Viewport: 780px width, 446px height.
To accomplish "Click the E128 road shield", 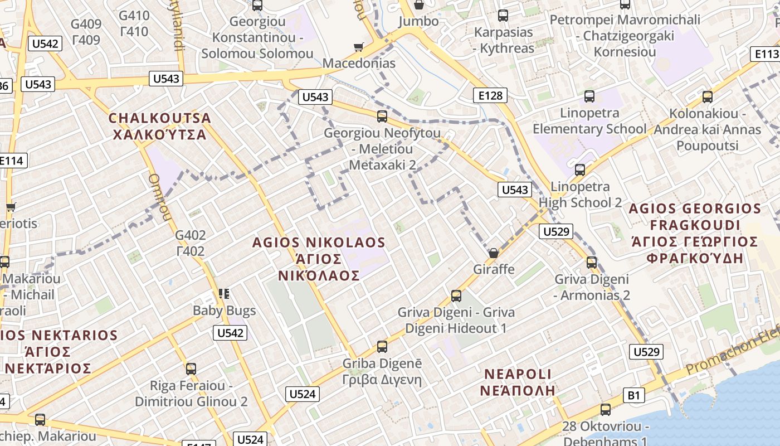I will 490,95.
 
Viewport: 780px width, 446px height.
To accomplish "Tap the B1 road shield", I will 634,395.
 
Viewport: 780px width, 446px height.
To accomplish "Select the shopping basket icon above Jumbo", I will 419,5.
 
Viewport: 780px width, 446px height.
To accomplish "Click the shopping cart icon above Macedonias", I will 359,47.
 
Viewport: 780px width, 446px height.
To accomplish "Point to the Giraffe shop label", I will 494,269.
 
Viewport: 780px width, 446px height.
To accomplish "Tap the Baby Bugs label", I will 224,311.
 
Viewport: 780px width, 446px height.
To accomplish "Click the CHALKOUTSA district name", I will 160,118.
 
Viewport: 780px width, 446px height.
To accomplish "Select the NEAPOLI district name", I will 518,374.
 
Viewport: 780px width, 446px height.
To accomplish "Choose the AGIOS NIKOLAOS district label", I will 319,243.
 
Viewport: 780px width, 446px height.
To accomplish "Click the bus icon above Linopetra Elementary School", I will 589,96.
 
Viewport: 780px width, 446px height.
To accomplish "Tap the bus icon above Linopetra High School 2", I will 580,170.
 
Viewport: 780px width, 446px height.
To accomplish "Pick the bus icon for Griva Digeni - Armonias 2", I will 592,263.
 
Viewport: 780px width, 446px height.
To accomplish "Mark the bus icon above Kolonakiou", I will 708,97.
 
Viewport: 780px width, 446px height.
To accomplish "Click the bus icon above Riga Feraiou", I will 191,369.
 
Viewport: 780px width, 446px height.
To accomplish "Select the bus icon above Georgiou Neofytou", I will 382,117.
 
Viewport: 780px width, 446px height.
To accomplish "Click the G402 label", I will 191,235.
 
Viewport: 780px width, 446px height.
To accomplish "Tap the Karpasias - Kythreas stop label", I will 504,40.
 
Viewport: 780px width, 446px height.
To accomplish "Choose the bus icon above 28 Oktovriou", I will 606,410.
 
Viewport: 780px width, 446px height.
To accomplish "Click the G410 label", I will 134,15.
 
